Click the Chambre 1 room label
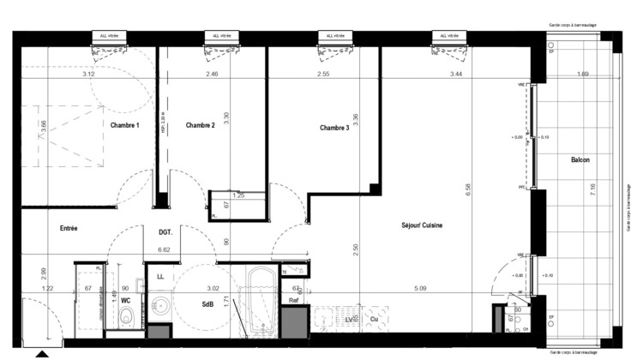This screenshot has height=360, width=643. (x=125, y=125)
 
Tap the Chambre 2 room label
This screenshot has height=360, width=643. (x=200, y=125)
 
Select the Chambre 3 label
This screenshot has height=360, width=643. (x=334, y=128)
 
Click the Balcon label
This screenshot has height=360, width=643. (x=580, y=160)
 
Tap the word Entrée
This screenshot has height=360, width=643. (x=69, y=229)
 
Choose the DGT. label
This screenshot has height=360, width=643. (x=166, y=232)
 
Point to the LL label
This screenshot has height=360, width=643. (x=160, y=276)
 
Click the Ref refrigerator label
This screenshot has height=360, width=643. (x=292, y=300)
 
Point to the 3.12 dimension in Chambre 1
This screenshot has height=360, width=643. (x=88, y=75)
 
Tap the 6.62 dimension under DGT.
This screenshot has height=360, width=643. (x=165, y=250)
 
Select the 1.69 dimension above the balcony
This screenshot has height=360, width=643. (x=583, y=75)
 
